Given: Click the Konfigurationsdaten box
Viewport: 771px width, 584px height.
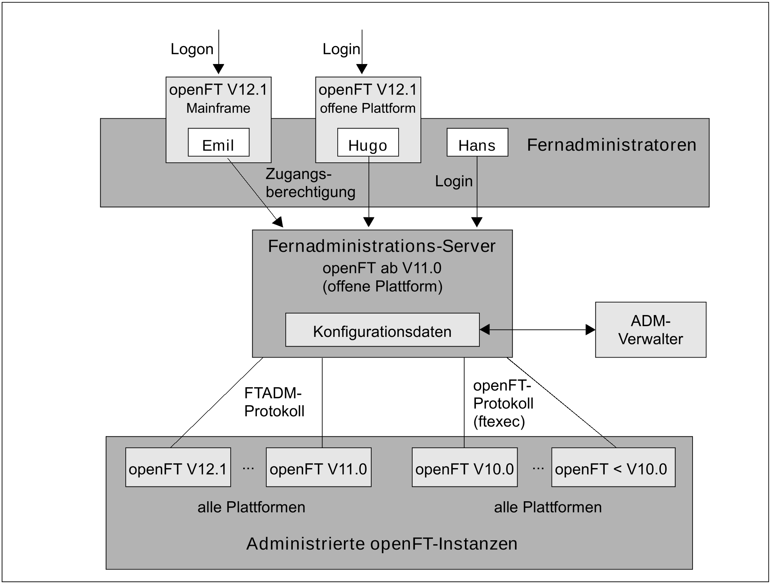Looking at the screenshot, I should [382, 330].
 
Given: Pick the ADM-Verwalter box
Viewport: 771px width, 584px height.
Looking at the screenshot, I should [650, 330].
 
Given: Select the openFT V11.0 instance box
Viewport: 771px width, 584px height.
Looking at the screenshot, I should [318, 467].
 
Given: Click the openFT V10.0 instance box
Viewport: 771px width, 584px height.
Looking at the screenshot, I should [464, 467].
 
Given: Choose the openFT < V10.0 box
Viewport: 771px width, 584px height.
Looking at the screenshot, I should [613, 467].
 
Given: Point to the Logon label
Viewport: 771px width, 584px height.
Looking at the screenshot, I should [192, 49].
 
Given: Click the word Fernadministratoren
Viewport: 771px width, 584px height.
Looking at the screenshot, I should [611, 145].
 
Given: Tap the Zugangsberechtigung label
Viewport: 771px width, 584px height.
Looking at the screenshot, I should [310, 183].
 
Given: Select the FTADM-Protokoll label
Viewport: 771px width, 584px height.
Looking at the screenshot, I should [274, 402].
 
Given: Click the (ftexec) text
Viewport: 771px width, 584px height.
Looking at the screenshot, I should [499, 422].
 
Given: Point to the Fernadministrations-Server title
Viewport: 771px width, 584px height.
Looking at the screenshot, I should [381, 246].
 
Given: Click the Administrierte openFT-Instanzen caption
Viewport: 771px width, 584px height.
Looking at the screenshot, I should [381, 544].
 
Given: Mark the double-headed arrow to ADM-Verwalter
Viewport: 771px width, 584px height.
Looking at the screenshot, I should [537, 330].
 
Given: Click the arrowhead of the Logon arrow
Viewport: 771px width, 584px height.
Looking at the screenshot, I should [219, 69].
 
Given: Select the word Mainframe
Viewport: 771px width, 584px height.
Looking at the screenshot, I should [218, 108].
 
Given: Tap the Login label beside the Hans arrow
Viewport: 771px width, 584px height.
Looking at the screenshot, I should [454, 182].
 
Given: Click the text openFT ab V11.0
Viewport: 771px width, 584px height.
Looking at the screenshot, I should [381, 268].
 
